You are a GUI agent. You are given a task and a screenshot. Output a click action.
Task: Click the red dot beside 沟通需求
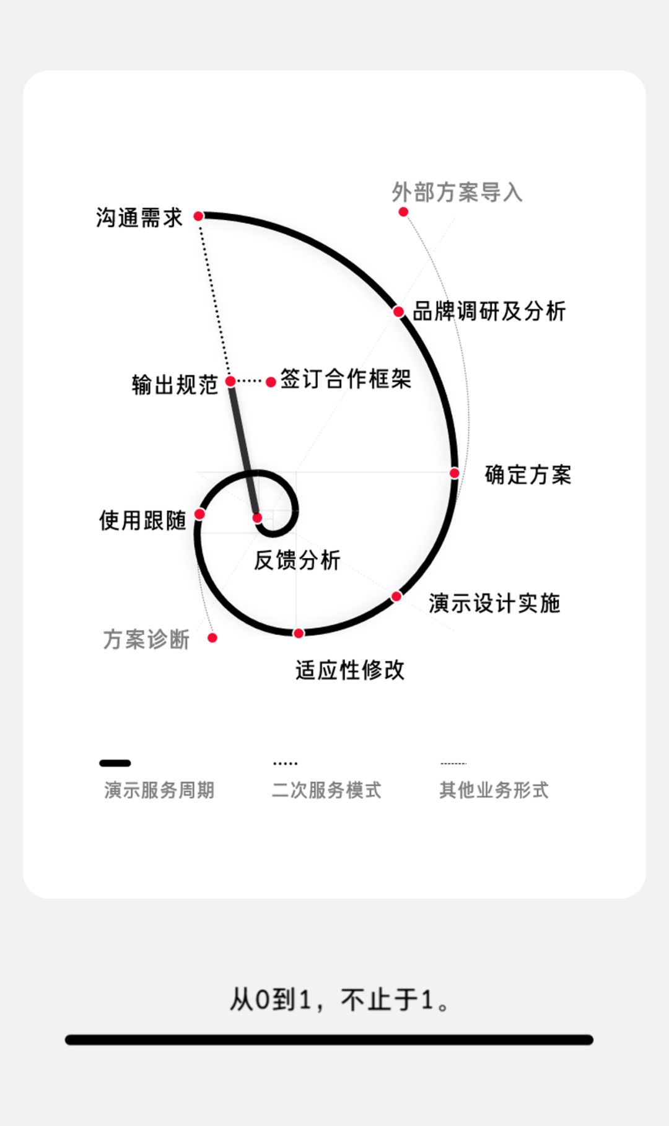[198, 216]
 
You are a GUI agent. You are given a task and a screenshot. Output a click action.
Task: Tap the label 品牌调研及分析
[489, 311]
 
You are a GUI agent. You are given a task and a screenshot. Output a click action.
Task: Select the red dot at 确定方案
[454, 473]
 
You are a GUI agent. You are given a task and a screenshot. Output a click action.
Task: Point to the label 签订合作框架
[346, 378]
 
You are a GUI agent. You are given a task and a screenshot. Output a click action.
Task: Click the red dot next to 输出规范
[230, 381]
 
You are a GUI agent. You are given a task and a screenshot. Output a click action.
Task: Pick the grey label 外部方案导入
[457, 192]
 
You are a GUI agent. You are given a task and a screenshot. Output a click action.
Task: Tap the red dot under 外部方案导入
[403, 212]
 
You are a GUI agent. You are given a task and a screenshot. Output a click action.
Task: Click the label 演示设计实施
[494, 603]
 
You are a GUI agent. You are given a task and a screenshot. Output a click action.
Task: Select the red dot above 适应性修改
[299, 633]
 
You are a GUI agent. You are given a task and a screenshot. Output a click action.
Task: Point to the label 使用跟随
[142, 520]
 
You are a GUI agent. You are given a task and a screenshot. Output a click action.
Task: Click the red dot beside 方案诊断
[212, 637]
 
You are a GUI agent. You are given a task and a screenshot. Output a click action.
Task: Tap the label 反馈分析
[297, 560]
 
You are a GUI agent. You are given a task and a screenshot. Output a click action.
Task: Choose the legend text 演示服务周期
[159, 790]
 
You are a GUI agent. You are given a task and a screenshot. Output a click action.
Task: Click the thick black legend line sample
[115, 763]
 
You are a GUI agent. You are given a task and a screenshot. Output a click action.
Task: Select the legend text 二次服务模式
[326, 790]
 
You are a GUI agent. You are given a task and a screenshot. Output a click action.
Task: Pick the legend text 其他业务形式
[494, 790]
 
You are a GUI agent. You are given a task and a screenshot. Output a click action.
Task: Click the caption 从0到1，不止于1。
[339, 1000]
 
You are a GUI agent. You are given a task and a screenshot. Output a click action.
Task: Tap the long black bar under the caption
[329, 1040]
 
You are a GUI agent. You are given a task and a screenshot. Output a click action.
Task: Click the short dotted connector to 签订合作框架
[250, 381]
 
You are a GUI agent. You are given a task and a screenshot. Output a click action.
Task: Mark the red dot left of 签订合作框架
[271, 382]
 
